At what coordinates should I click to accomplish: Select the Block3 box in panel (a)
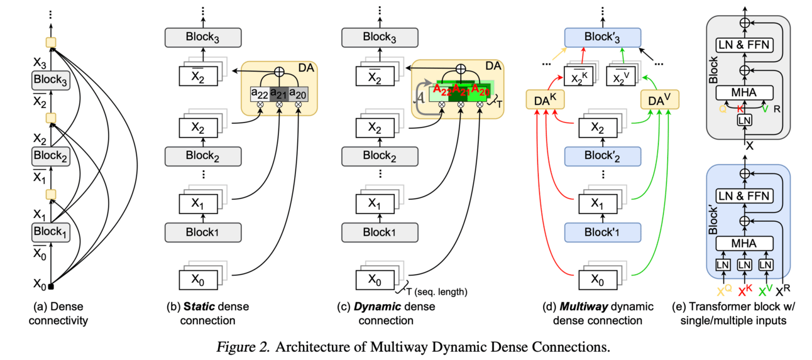point(50,80)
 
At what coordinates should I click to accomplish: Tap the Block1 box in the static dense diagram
point(203,232)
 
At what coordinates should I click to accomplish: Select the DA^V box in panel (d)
point(659,100)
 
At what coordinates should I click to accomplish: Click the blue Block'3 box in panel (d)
point(601,37)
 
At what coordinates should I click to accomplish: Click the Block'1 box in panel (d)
point(602,232)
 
